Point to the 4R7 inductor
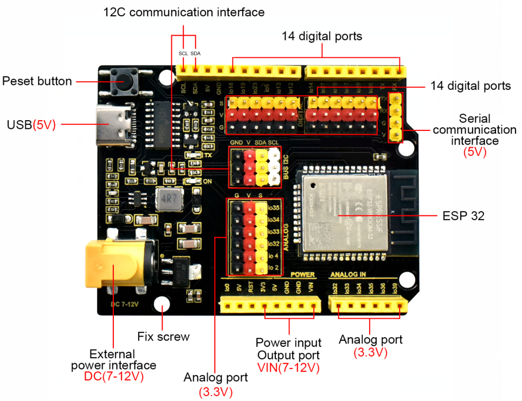166,200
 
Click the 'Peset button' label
37,82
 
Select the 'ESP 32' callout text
463,215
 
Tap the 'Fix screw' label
164,337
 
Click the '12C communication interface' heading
184,11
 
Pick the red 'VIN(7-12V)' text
288,368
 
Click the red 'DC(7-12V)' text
114,377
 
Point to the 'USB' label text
20,124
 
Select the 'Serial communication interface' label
475,129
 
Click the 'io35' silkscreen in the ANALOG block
274,208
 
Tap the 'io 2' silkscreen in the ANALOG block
274,267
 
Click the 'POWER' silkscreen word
302,275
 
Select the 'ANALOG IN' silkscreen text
349,275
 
